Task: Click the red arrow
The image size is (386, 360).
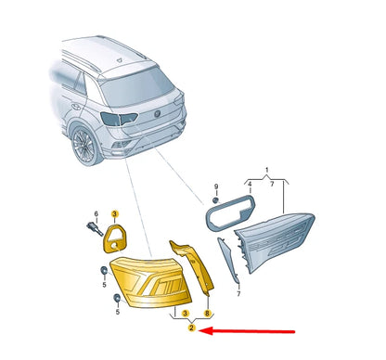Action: [x=247, y=331]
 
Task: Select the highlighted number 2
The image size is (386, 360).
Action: [x=192, y=328]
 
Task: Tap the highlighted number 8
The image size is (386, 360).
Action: [x=207, y=314]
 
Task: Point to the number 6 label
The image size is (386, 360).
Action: [x=96, y=213]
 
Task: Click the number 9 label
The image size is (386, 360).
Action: [x=216, y=186]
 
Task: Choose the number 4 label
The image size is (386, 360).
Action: [x=250, y=185]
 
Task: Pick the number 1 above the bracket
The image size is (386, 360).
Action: [x=267, y=170]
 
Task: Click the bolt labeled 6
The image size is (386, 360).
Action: [x=95, y=229]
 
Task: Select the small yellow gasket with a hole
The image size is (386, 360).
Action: [x=115, y=239]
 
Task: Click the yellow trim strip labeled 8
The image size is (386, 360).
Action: [x=193, y=265]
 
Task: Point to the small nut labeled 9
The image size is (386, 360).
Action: [x=215, y=200]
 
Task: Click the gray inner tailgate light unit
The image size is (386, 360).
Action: [x=274, y=240]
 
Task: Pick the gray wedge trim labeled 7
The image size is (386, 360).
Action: [x=228, y=261]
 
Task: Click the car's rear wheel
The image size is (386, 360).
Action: [x=84, y=146]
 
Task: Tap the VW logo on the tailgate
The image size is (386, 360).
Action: [x=158, y=114]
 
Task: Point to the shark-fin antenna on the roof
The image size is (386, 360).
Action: [x=120, y=60]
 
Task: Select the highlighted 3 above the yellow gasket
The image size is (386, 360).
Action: [x=114, y=213]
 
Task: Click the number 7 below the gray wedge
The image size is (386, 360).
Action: [x=238, y=294]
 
